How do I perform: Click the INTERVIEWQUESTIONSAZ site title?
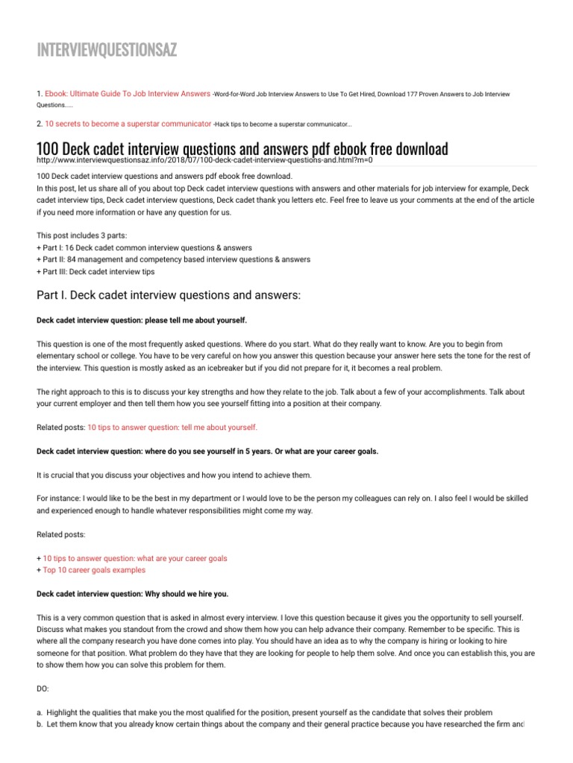107,51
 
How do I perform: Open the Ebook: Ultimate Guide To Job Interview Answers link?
128,94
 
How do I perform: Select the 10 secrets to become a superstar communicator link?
128,122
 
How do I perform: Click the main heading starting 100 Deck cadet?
242,148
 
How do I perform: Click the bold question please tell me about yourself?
141,320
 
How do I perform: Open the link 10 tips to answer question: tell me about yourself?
172,427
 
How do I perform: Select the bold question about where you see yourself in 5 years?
207,452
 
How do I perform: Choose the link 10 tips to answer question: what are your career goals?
135,558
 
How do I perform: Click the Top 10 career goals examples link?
95,570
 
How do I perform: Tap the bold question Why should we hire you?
133,594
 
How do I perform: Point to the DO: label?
43,689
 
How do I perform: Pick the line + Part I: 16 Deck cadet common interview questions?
144,247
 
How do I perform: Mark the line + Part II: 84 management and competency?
173,259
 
